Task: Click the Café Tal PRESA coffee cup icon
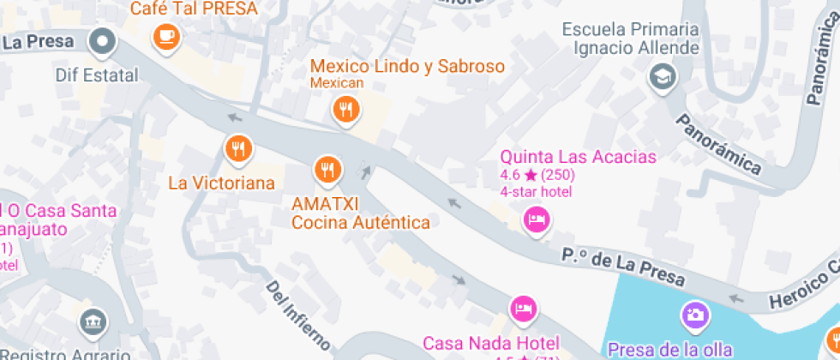(165, 36)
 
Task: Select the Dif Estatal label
(96, 75)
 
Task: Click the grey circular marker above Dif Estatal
(104, 39)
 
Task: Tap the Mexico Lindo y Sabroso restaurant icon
(345, 109)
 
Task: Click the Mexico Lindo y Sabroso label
(407, 66)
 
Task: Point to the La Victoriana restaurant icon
(238, 149)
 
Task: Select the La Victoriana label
(221, 183)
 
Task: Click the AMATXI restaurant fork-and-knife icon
(326, 168)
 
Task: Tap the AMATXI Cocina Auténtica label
(361, 213)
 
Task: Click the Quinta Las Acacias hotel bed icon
(537, 219)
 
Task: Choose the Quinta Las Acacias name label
(578, 157)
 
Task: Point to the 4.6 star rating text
(537, 175)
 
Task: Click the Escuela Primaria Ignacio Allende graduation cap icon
(663, 77)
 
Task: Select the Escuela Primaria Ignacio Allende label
(631, 39)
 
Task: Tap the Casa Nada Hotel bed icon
(523, 307)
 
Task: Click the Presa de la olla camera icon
(695, 315)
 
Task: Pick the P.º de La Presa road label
(624, 267)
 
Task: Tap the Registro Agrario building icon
(91, 323)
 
